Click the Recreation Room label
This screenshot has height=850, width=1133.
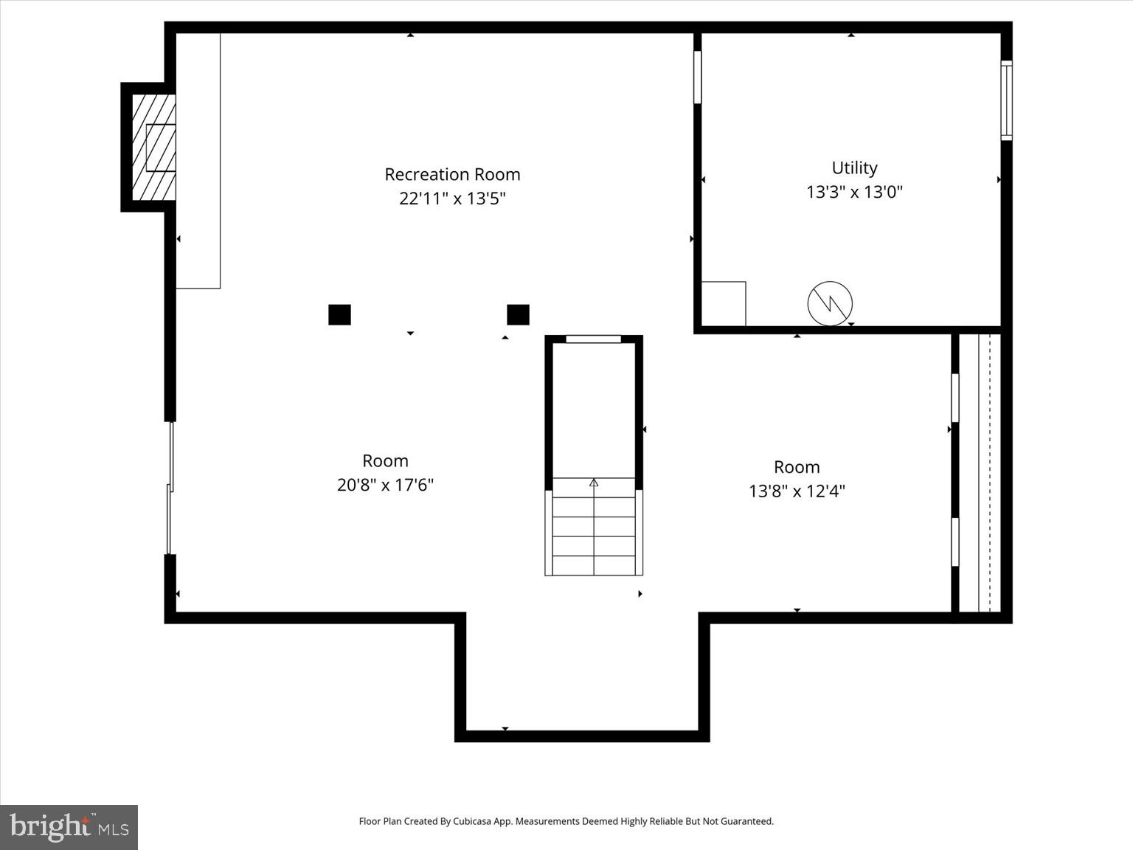pos(452,174)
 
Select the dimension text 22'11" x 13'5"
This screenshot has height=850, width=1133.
pos(452,198)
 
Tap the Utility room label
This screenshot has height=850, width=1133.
pos(854,167)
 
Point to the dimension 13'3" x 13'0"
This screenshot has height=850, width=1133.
pos(854,192)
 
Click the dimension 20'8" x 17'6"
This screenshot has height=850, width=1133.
pos(385,485)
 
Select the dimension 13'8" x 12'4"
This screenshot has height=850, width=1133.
pos(797,491)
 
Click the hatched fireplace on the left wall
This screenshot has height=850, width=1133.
pos(154,148)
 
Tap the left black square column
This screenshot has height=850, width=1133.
pos(339,314)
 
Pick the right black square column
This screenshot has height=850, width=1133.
pos(518,314)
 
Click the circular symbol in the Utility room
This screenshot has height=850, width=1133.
pos(830,303)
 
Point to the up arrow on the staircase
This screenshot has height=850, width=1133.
pos(594,483)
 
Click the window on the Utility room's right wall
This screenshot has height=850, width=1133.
pos(1006,100)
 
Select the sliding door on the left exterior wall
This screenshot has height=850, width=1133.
pos(170,488)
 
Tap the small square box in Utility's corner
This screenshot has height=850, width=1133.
pos(723,303)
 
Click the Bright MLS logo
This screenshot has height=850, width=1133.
pos(69,827)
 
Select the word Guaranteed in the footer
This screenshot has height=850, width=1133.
pos(749,821)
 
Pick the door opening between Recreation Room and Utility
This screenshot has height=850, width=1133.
pos(697,77)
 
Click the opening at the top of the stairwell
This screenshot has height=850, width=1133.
pos(593,339)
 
